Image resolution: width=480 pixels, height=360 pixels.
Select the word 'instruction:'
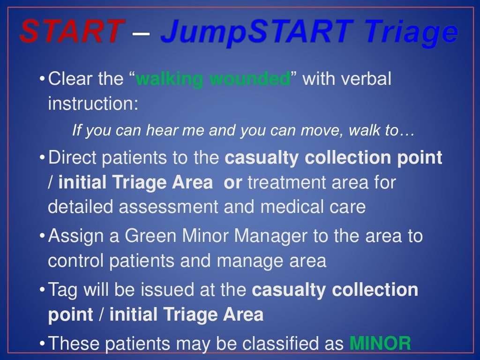point(93,103)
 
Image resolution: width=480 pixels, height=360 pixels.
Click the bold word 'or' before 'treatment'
point(233,182)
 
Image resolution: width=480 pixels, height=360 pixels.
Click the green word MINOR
point(380,344)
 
